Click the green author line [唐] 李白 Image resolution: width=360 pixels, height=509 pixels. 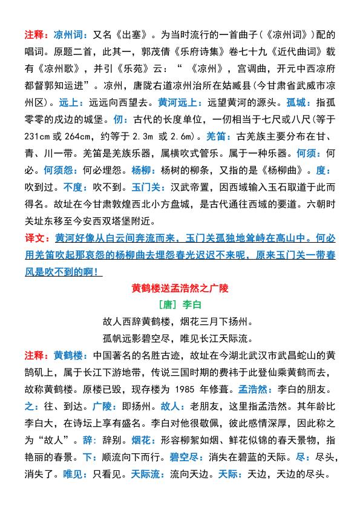click(x=180, y=301)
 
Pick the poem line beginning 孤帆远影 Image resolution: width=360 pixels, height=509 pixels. click(x=180, y=335)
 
